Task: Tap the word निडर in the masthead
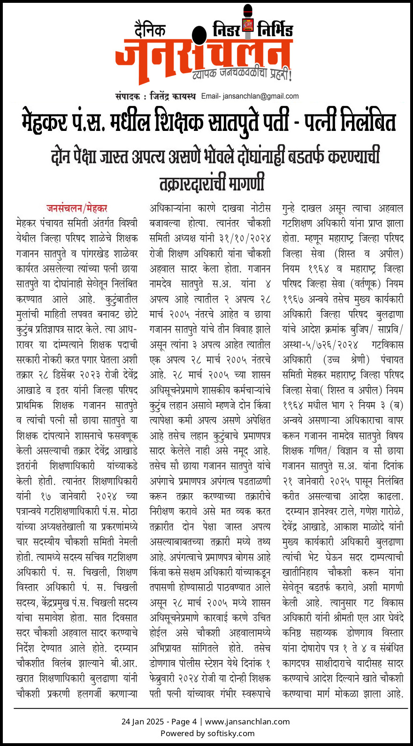pos(226,30)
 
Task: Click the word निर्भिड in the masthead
pos(275,30)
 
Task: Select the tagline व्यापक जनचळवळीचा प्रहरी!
pos(242,74)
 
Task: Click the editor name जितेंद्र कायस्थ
pos(173,96)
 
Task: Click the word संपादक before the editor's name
pos(128,96)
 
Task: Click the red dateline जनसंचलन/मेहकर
pos(77,208)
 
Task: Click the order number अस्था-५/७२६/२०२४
pos(321,345)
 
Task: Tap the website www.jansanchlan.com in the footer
pos(247,722)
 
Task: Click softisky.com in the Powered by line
pos(231,733)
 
